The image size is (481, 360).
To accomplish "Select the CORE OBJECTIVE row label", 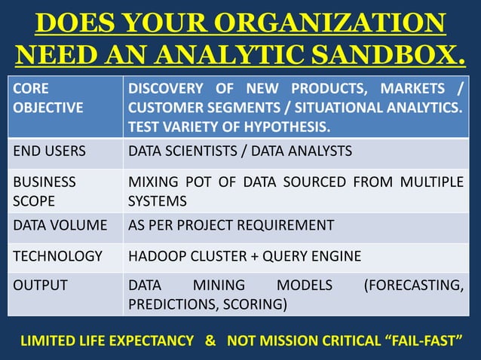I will point(47,98).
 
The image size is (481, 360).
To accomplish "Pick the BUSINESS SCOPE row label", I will point(44,192).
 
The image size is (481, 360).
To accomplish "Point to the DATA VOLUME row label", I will point(60,224).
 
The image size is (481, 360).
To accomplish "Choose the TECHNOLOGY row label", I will point(57,256).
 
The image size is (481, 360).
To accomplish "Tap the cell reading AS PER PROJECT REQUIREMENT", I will point(231,224).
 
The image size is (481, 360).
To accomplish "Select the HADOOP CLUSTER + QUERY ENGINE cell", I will point(244,256).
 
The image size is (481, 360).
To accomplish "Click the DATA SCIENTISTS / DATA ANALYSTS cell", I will point(240,151).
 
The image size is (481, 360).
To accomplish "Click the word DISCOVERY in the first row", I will point(165,89).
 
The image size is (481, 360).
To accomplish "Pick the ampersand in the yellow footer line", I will point(210,340).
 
